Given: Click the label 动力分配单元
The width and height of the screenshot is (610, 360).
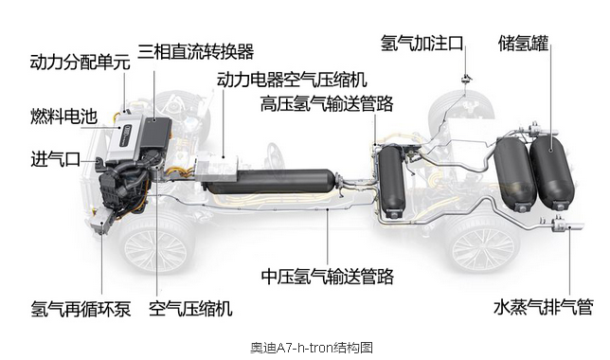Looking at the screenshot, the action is (81, 63).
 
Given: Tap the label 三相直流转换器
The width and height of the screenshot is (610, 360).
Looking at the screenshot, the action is (196, 51).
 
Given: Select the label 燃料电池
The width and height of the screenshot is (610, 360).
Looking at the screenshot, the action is (63, 117).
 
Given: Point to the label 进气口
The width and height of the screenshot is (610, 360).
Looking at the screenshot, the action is (56, 159).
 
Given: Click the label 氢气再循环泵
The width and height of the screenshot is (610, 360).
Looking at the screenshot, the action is (81, 309).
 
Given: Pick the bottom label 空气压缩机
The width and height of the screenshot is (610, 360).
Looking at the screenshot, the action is (190, 309).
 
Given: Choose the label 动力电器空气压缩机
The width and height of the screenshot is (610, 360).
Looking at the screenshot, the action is (292, 80).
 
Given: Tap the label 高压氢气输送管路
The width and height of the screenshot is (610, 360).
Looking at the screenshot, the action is (327, 103).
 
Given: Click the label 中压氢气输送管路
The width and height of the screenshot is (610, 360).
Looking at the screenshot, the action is (328, 277).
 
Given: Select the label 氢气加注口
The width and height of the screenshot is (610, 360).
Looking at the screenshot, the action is (422, 43).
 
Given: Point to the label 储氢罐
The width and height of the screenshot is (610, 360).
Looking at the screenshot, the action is (523, 44).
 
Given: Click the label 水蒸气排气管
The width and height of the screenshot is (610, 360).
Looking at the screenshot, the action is (544, 307).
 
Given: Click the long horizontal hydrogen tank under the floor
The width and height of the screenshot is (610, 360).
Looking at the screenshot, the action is (270, 182).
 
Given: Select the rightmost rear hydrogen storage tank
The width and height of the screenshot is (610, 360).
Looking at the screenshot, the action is (552, 171).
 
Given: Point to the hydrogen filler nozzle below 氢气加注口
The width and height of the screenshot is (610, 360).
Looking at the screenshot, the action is (465, 79).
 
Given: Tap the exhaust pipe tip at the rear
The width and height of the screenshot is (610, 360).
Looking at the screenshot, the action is (576, 225).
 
